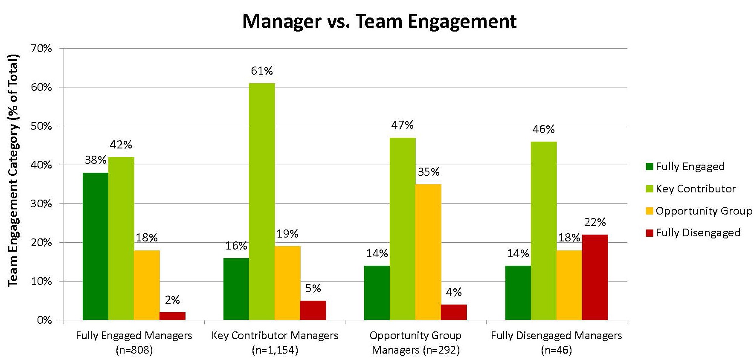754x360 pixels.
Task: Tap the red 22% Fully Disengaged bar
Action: click(595, 277)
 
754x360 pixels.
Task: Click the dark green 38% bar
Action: click(96, 246)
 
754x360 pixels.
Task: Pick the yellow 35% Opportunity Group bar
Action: click(428, 252)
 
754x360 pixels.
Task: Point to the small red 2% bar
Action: click(172, 316)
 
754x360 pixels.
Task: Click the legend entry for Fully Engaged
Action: click(690, 166)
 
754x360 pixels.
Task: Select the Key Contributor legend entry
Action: click(695, 189)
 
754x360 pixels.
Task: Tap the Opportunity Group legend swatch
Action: click(650, 211)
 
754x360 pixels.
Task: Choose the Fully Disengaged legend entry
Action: click(697, 232)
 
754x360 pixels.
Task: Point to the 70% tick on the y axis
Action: click(42, 49)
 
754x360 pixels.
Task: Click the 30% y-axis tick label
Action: click(42, 204)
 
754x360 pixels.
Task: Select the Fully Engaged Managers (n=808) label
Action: click(134, 343)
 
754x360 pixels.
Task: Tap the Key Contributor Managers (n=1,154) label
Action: click(275, 343)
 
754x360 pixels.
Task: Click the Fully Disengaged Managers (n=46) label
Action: click(556, 343)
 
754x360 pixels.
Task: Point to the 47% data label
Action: click(403, 125)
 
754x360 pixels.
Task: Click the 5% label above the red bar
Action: click(313, 288)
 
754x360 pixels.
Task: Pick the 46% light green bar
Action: click(544, 231)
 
